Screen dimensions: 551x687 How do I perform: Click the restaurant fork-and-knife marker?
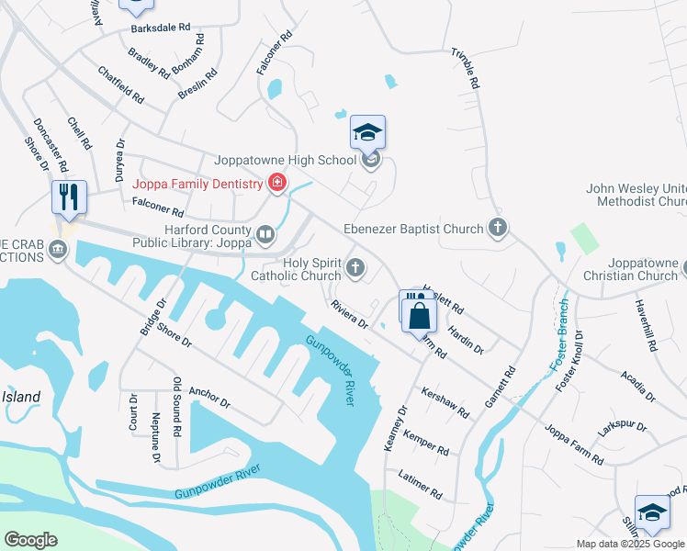coord(69,197)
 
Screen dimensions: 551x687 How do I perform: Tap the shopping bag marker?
coord(419,312)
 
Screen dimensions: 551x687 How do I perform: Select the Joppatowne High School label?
coord(285,160)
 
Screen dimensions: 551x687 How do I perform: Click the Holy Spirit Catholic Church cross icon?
coord(355,268)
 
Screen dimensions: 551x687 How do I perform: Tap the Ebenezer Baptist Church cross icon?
coord(498,227)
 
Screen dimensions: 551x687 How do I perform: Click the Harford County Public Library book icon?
coord(265,236)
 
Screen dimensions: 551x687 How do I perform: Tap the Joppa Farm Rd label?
coord(572,444)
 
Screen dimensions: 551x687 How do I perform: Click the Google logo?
coord(30,539)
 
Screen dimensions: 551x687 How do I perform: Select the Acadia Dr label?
coord(637,387)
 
